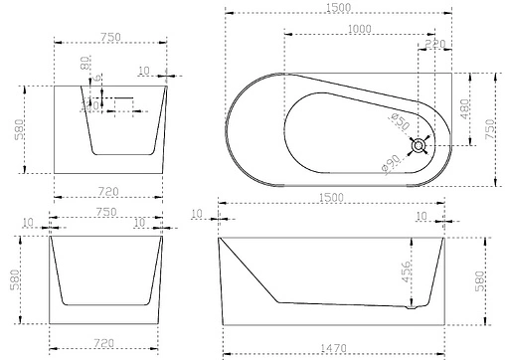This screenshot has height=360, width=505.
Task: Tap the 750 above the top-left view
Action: click(108, 37)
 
